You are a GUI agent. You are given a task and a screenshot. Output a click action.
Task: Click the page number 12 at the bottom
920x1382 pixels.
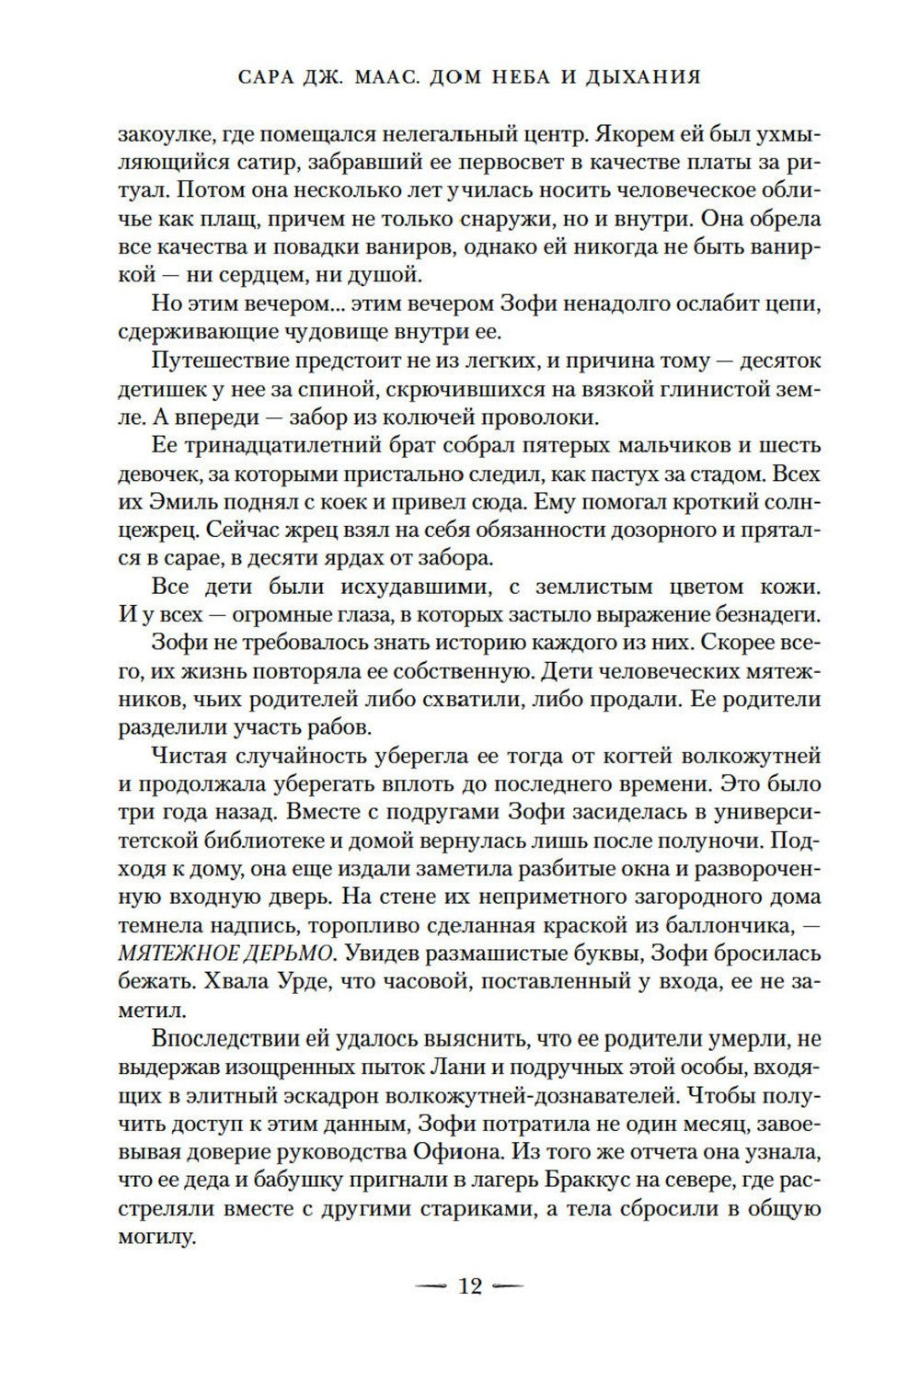(x=469, y=1285)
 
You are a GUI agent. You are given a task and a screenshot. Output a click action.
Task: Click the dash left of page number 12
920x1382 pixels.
(x=430, y=1285)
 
